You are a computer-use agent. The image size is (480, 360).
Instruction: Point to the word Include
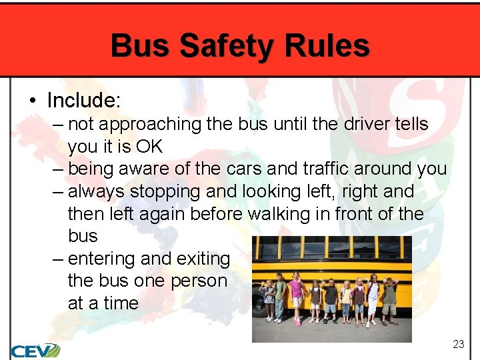pos(83,101)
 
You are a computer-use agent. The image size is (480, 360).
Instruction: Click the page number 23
pos(458,344)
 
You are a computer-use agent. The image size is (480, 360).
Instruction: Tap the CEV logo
pos(35,351)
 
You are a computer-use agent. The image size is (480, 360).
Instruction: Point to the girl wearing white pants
pos(374,297)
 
